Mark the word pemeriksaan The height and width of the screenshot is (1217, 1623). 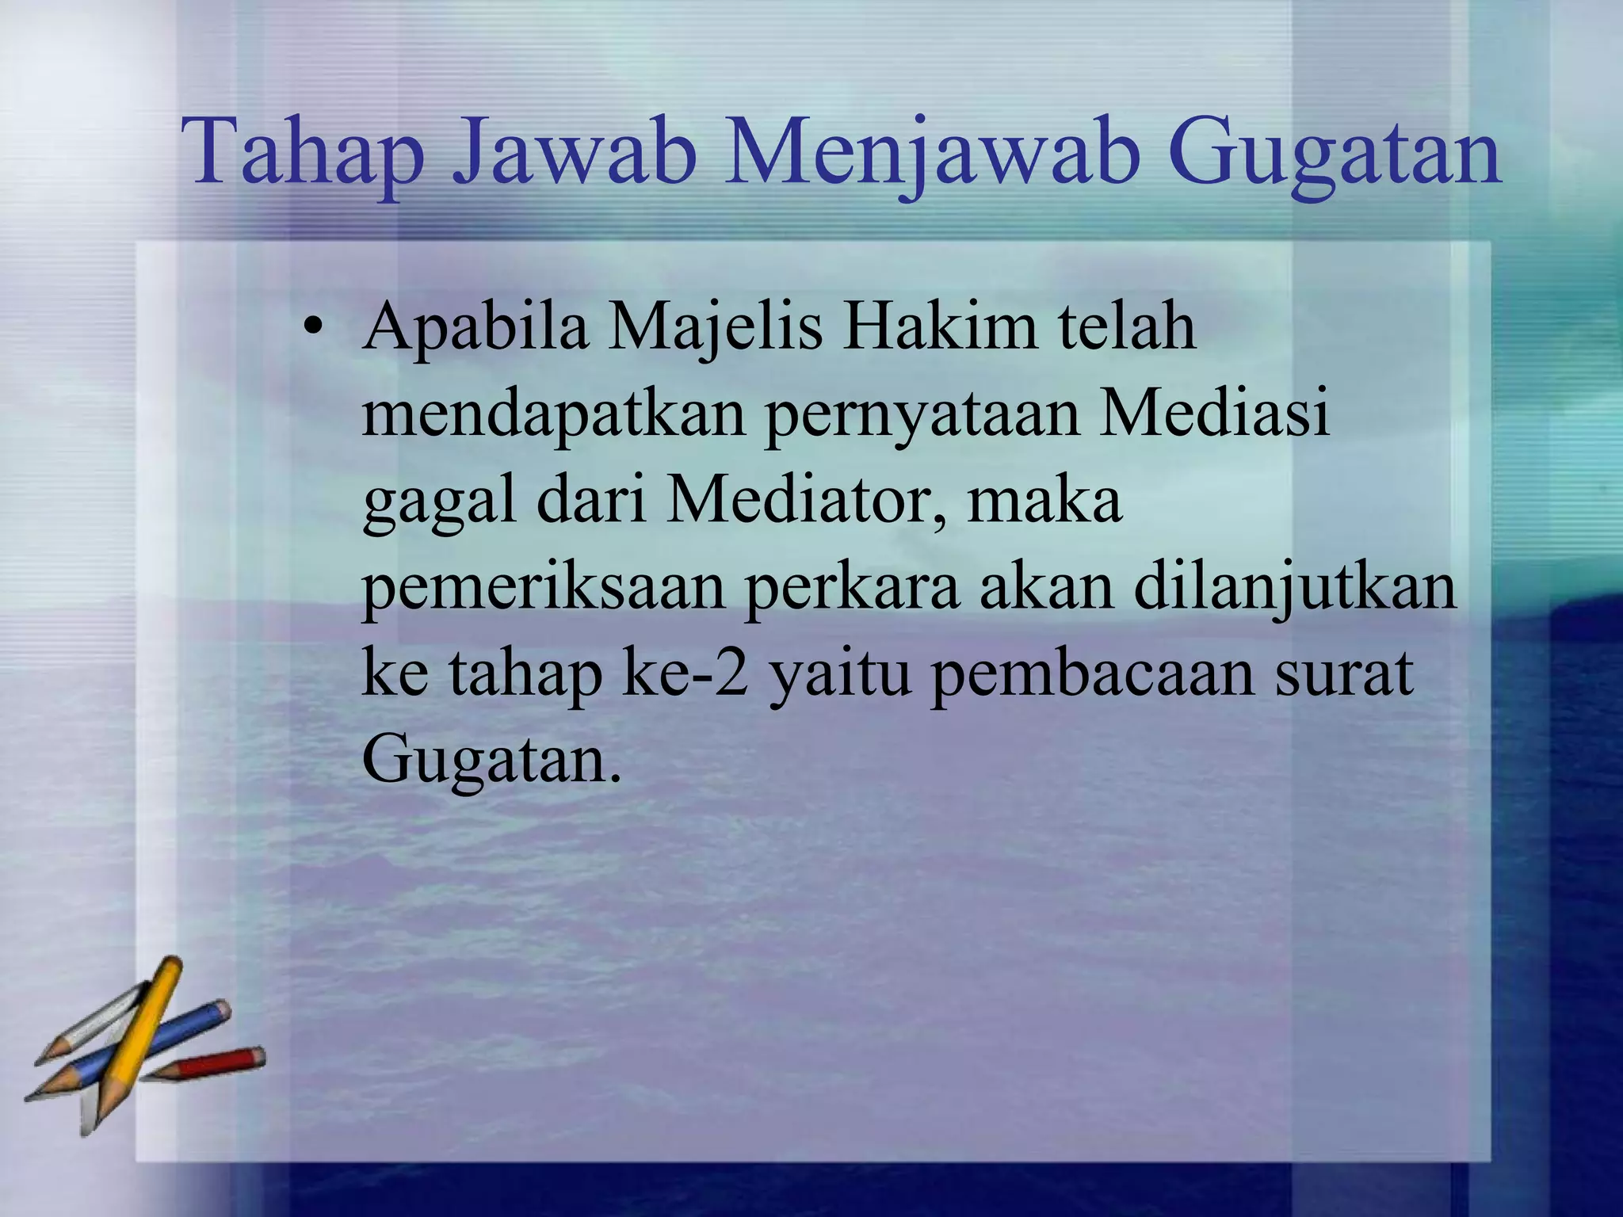[544, 589]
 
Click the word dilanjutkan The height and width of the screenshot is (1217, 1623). [1295, 589]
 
